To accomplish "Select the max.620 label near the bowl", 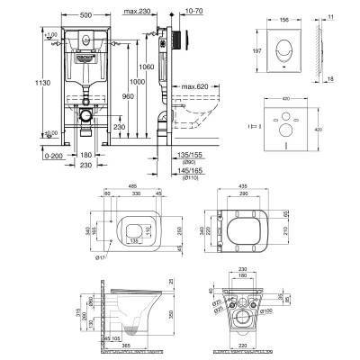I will click(x=208, y=86).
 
